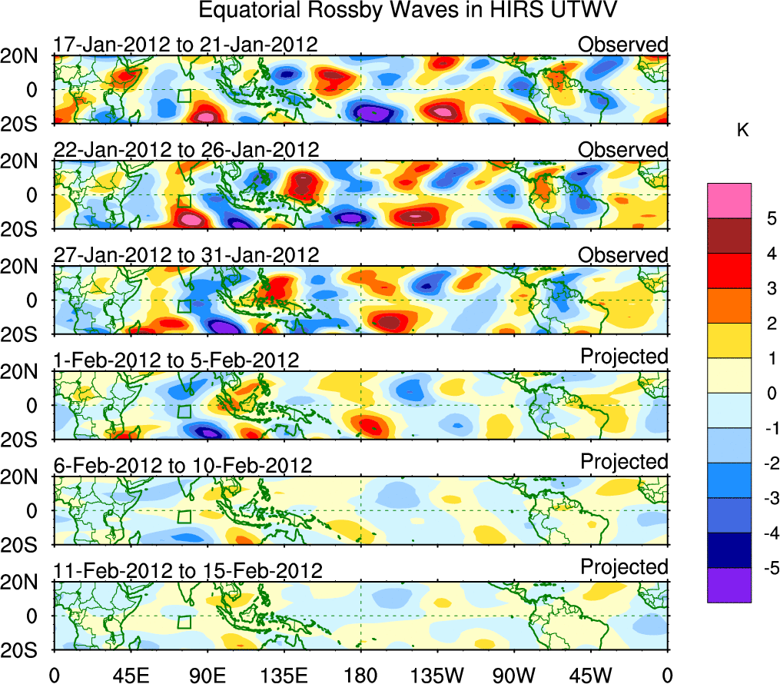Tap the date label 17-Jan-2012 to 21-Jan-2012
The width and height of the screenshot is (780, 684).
(x=185, y=45)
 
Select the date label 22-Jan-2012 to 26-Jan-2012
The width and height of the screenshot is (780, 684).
(x=186, y=150)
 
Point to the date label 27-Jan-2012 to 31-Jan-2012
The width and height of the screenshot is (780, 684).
(x=186, y=255)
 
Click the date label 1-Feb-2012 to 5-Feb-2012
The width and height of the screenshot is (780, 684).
(x=176, y=360)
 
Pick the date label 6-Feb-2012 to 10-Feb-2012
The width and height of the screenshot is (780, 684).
(x=183, y=466)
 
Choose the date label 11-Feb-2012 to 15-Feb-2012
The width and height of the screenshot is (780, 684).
(x=188, y=571)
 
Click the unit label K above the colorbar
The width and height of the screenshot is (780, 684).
(x=742, y=131)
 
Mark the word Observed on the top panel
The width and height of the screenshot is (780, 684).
(x=623, y=45)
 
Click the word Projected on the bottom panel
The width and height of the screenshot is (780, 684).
(x=624, y=567)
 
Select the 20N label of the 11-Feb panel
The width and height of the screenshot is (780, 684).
(x=25, y=583)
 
